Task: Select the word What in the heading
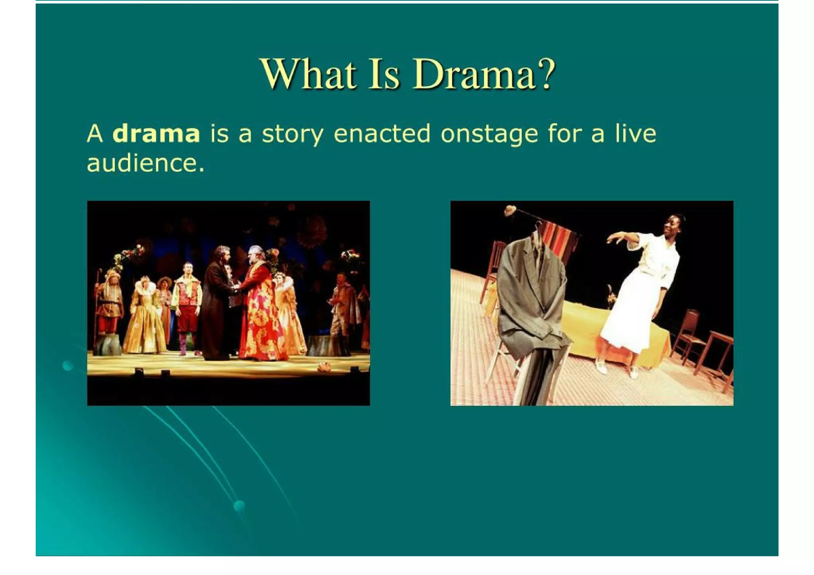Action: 308,74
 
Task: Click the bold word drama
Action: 156,134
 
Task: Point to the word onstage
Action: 489,134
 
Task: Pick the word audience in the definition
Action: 145,163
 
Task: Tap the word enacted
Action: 382,134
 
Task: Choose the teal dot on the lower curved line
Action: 239,506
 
